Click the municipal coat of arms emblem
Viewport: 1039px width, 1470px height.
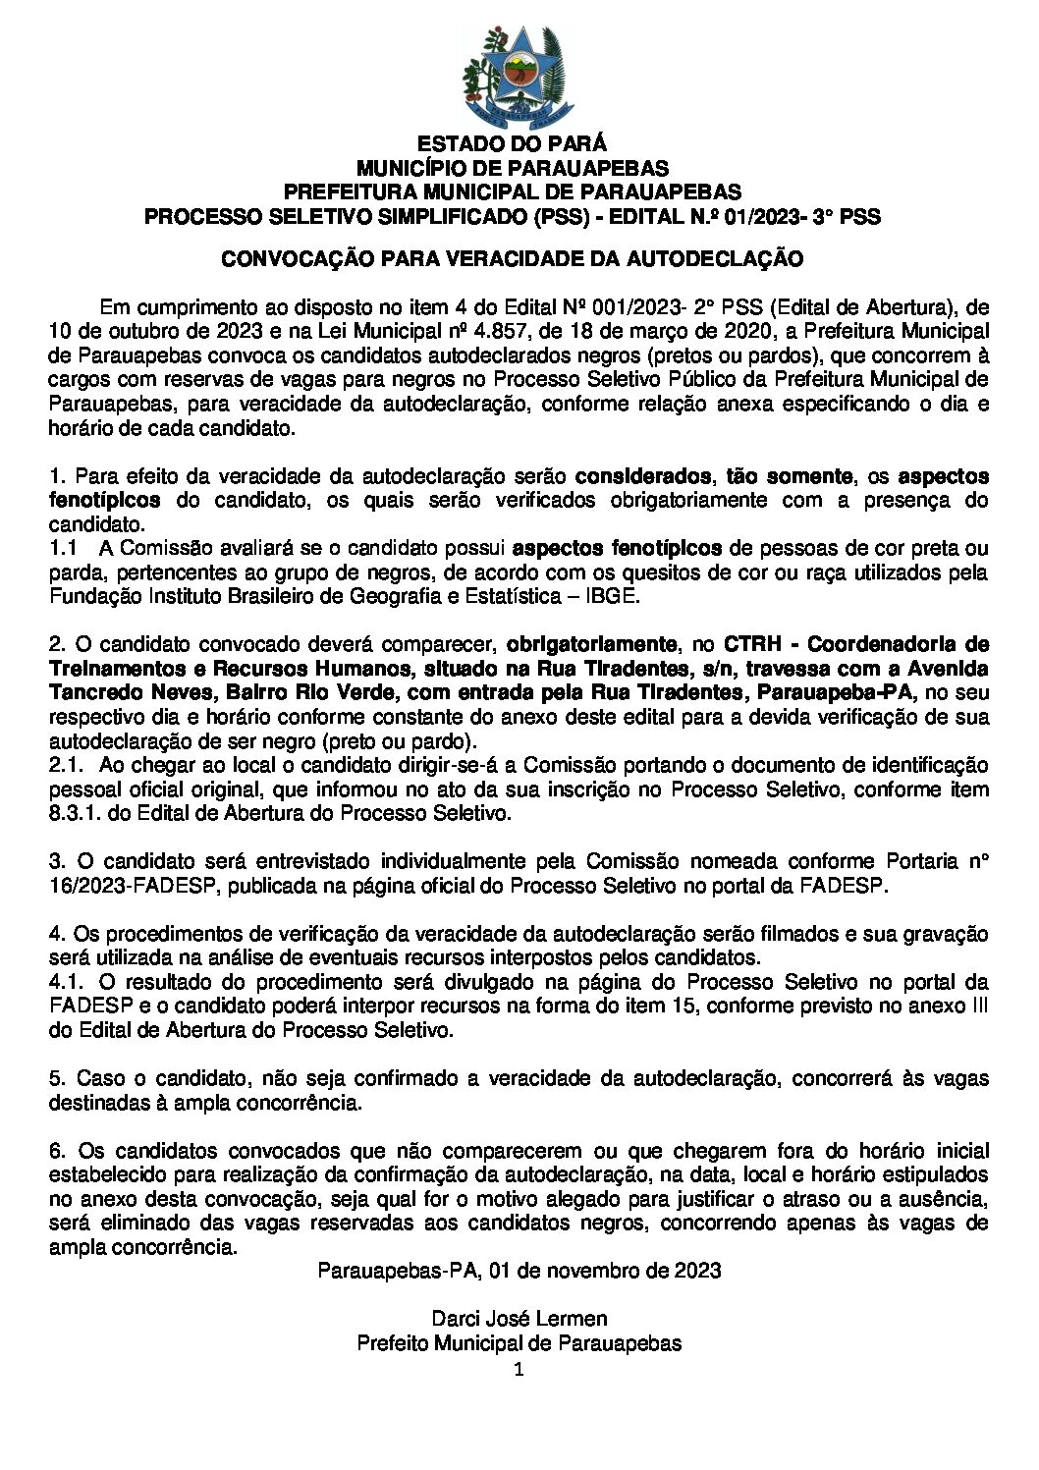[x=519, y=79]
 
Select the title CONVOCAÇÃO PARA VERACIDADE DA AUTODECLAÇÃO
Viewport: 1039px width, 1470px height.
[x=512, y=259]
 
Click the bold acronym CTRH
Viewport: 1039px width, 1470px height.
[x=754, y=645]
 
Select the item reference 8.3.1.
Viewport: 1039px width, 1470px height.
[x=74, y=813]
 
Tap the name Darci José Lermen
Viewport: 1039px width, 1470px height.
[x=519, y=1318]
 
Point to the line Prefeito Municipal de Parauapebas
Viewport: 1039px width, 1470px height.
[x=519, y=1342]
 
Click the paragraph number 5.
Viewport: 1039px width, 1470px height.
[x=56, y=1078]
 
